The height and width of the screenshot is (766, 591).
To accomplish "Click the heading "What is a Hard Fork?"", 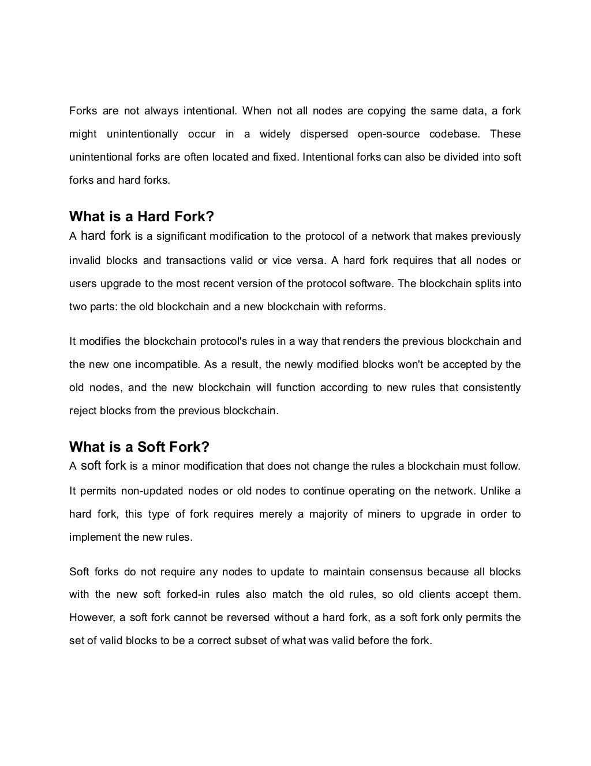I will (x=141, y=217).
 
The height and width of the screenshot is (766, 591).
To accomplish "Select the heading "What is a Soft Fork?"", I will (x=139, y=447).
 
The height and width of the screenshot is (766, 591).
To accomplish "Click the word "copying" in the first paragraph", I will (x=386, y=111).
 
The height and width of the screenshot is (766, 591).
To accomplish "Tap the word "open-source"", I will (x=389, y=134).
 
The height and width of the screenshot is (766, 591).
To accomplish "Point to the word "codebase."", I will (x=455, y=134).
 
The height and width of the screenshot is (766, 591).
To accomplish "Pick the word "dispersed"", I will (x=324, y=134).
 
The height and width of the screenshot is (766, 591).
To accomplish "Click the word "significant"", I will (x=181, y=236).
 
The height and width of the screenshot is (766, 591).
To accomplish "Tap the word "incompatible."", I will (x=168, y=365).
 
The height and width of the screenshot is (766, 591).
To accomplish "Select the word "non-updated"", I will (x=152, y=491).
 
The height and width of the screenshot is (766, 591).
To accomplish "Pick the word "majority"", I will (x=328, y=514).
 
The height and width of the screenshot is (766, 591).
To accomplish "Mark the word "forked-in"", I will (x=182, y=594).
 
